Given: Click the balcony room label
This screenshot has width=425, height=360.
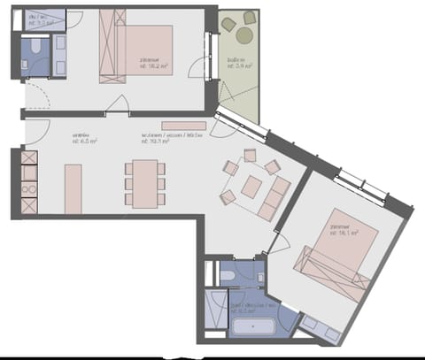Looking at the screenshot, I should pos(236,61).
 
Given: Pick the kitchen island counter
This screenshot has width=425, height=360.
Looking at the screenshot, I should pos(73,188).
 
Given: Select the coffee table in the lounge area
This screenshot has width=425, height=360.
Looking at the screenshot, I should pos(252,187).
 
